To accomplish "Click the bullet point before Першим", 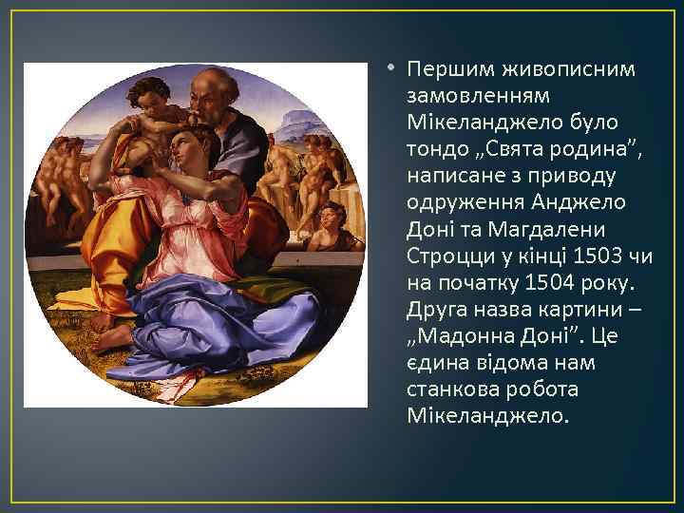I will click(392, 69).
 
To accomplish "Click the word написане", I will click(453, 176).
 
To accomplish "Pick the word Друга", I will click(437, 309).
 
